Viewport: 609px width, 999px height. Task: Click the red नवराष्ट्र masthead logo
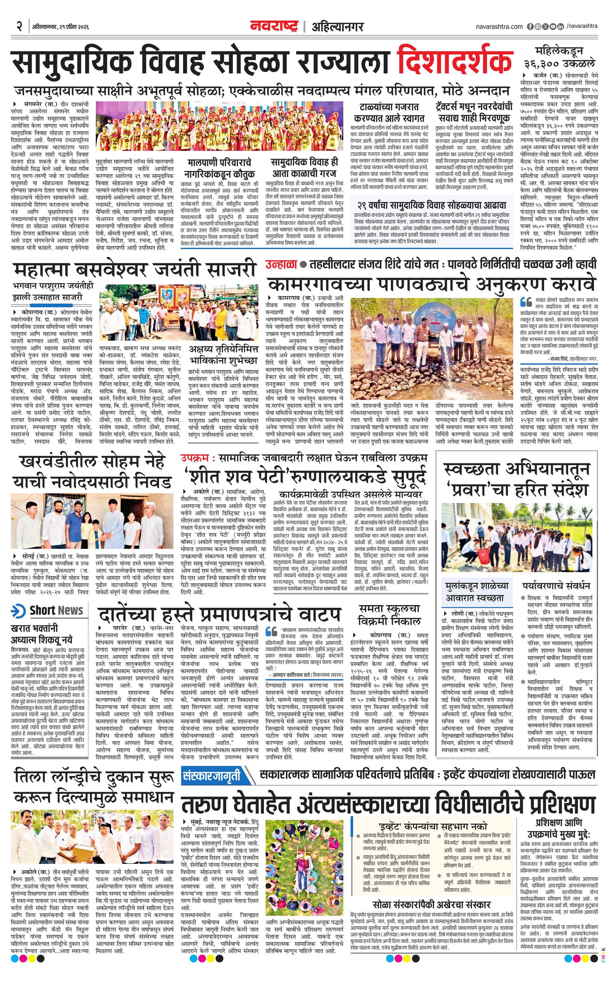tap(274, 26)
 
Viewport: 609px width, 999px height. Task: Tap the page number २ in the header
tap(19, 26)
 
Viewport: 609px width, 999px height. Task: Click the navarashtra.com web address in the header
tap(499, 26)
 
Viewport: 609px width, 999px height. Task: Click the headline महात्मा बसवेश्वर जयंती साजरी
tap(134, 270)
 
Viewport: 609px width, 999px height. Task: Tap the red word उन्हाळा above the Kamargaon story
tap(281, 264)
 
